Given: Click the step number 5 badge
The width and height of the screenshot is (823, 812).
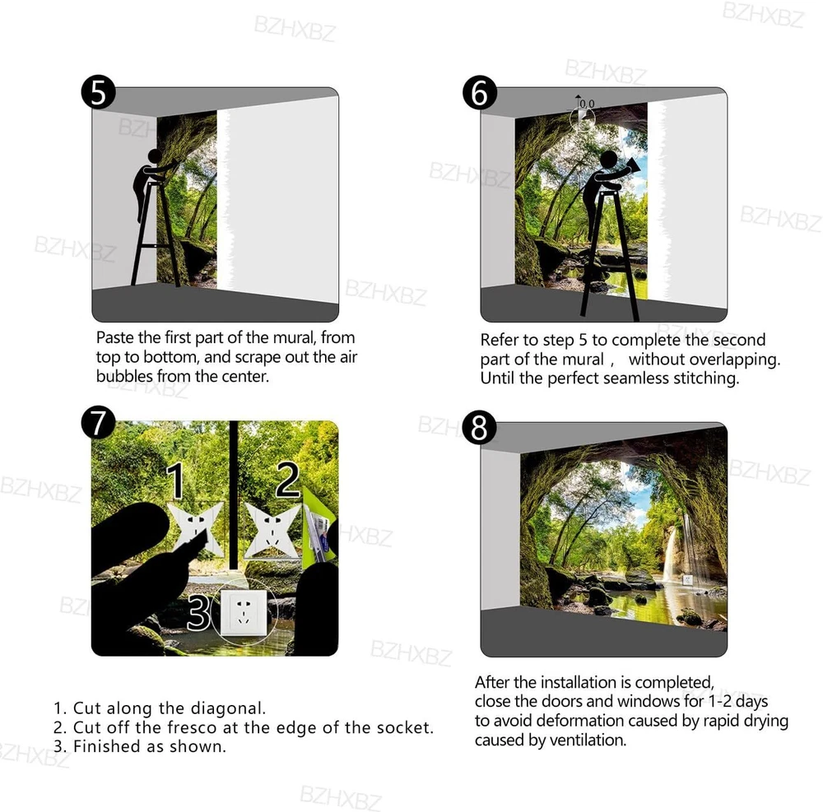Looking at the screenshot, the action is tap(98, 92).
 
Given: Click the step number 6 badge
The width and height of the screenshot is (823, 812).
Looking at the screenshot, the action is tap(480, 92).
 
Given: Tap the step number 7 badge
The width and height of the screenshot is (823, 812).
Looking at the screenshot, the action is tap(98, 423).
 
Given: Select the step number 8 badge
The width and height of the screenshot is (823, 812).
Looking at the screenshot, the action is tap(480, 427).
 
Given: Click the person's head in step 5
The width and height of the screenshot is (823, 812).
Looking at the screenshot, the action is tap(155, 156).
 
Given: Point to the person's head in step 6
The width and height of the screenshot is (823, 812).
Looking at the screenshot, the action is tap(609, 160).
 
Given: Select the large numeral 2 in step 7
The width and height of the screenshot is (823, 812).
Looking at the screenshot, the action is tap(288, 479).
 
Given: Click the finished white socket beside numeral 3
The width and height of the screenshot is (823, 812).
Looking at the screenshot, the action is tap(244, 611).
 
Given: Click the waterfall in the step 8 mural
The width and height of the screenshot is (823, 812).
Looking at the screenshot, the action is tap(670, 554).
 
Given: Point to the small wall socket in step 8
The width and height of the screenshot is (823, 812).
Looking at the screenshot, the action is tap(687, 580).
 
